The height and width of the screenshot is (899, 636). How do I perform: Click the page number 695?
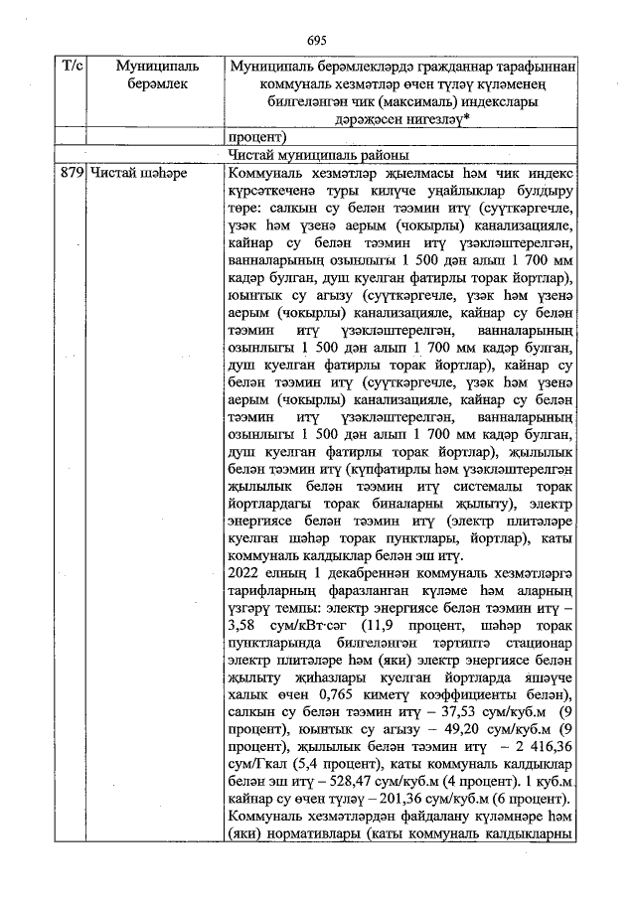pos(317,40)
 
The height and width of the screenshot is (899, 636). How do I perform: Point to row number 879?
pos(71,172)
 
